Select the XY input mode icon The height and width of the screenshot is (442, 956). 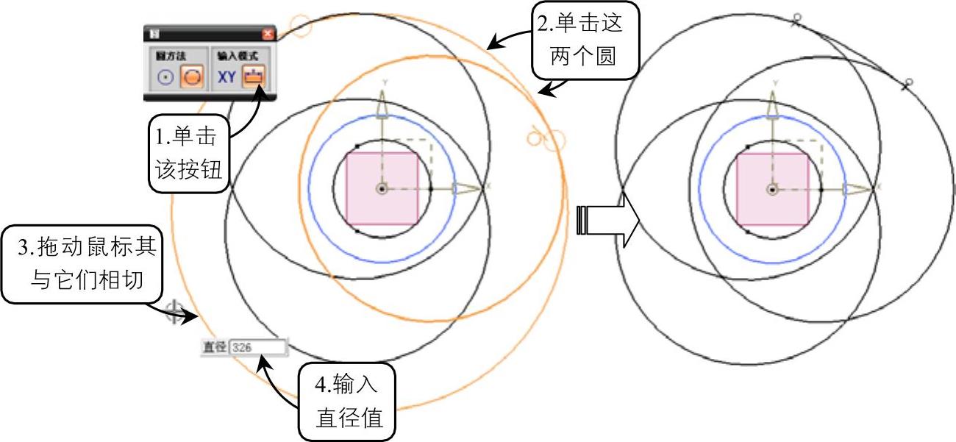226,76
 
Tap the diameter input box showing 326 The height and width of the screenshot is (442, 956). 257,347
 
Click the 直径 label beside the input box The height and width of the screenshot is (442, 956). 215,347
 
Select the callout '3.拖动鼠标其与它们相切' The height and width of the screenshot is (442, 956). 80,265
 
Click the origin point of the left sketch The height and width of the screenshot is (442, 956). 382,189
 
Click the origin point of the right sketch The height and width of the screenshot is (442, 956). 772,189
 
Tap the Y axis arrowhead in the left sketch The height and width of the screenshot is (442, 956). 382,107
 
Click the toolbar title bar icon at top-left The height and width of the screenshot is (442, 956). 155,33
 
